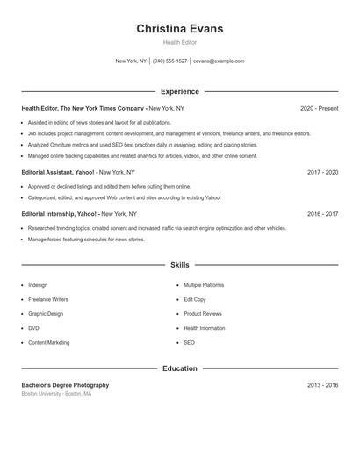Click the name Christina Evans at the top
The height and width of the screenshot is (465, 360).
(x=179, y=29)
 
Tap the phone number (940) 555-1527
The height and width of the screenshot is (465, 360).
(x=169, y=61)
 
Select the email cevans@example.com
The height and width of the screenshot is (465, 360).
(x=219, y=61)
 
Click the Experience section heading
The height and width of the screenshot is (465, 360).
(x=179, y=91)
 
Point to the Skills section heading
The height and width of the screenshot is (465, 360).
(x=179, y=264)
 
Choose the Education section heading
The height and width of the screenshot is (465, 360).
(x=179, y=368)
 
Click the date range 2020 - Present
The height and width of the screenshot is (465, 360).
(x=319, y=108)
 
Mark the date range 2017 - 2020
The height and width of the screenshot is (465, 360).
(x=322, y=172)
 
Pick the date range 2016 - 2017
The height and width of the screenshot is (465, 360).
(x=322, y=213)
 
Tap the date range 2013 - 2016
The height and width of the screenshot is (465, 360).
(x=322, y=385)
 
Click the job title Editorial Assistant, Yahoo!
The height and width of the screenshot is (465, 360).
(x=58, y=172)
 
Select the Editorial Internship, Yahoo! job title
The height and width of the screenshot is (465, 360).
(x=60, y=213)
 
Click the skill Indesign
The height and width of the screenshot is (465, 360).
(x=38, y=285)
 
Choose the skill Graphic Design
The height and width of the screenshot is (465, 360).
(x=46, y=313)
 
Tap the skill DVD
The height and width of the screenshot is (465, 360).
(x=33, y=328)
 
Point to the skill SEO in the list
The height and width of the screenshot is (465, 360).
(x=189, y=342)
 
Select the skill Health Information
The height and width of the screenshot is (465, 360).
(x=204, y=328)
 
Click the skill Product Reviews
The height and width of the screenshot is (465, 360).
(x=202, y=313)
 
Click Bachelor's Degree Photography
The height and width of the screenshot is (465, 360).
(x=65, y=385)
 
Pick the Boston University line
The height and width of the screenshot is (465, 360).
(x=56, y=394)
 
